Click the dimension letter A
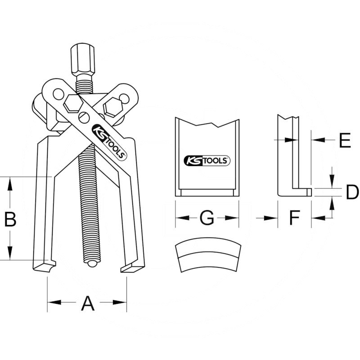87,304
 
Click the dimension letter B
10,220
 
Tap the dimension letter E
344,141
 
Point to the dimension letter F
294,219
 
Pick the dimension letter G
207,218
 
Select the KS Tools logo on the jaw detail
207,160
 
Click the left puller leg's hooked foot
45,265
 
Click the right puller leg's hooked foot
132,267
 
